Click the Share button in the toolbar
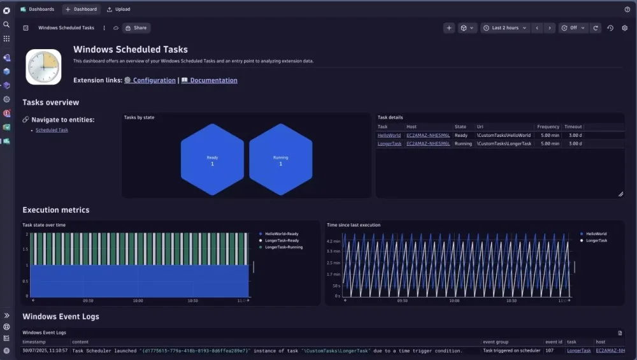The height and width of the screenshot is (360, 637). click(x=136, y=28)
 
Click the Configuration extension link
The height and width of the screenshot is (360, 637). click(x=154, y=81)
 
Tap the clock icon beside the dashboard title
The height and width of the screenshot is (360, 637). click(x=43, y=67)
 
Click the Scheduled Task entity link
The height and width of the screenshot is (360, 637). click(x=52, y=130)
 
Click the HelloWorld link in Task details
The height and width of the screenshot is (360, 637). click(x=389, y=135)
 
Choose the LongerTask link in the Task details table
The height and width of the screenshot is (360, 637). click(x=389, y=144)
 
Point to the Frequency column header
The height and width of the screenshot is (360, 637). click(x=548, y=127)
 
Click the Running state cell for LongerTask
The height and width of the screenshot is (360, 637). click(x=463, y=144)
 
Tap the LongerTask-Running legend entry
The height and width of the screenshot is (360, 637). click(x=283, y=247)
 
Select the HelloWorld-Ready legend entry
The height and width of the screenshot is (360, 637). click(x=282, y=234)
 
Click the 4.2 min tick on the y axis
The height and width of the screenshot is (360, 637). click(x=334, y=242)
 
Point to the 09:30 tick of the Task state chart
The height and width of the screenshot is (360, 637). click(x=88, y=301)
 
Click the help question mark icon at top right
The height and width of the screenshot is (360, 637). click(x=627, y=10)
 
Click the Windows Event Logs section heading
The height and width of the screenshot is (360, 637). click(x=61, y=317)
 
